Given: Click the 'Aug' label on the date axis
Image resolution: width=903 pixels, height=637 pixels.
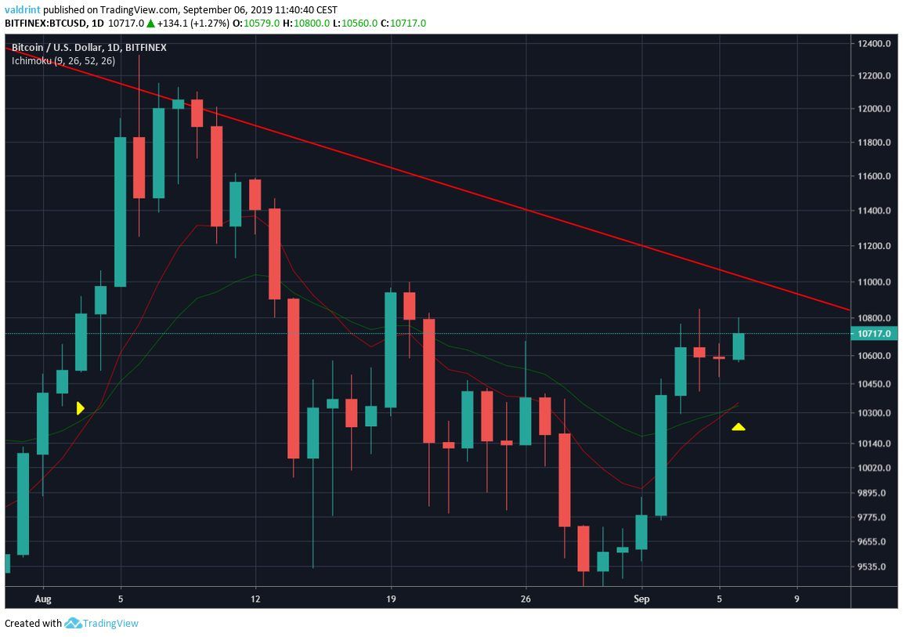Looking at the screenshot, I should tap(43, 599).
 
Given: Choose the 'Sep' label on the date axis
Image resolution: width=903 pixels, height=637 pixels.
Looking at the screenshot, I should tap(641, 599).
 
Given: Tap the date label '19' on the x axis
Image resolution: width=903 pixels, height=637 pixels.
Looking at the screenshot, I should tap(391, 599).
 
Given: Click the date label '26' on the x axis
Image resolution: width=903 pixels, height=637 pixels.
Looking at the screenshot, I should tap(526, 599).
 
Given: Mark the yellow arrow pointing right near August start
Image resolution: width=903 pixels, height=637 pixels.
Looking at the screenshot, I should tap(80, 407).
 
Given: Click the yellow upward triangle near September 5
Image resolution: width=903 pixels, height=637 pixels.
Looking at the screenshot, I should tap(738, 427).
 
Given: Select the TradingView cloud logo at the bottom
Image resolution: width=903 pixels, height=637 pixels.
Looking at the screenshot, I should tap(74, 624).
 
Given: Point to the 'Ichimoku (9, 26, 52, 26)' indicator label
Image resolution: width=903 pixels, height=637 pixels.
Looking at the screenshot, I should tap(63, 60).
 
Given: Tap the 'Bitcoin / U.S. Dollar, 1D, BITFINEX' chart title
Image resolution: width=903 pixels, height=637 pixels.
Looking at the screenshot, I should tap(88, 48).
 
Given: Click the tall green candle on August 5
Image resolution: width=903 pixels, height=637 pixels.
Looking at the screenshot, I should tap(121, 212).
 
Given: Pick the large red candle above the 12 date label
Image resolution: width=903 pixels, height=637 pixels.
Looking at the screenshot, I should tap(274, 253).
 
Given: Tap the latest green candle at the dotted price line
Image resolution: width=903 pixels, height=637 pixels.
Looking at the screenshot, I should tap(739, 346).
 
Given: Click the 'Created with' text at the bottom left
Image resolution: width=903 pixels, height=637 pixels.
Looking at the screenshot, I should tap(33, 624).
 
